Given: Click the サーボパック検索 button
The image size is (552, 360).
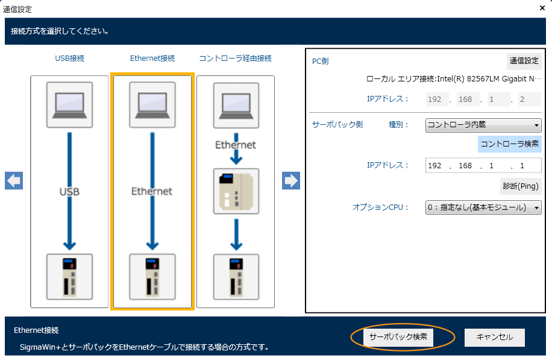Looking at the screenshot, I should click(398, 337).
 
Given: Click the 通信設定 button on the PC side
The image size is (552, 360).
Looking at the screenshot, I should click(524, 60).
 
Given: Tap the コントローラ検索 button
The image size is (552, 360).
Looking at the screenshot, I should click(510, 144).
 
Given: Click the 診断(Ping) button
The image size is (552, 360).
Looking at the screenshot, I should click(520, 186).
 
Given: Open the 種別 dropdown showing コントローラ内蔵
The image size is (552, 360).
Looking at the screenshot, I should click(483, 125).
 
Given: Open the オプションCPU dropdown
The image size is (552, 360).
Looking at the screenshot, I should click(483, 207).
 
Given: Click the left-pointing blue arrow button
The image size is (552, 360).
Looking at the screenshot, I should click(14, 180).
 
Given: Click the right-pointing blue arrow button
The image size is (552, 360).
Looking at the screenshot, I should click(291, 180).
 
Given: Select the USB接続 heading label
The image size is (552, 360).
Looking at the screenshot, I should click(69, 58).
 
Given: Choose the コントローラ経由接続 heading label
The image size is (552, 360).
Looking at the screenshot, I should click(236, 58).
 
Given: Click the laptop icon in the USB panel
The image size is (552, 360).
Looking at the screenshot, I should click(69, 105).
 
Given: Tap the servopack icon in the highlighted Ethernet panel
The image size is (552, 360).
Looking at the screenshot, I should click(152, 276).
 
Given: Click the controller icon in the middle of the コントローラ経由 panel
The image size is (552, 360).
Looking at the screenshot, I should click(236, 191).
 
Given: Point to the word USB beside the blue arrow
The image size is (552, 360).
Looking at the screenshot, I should click(69, 192).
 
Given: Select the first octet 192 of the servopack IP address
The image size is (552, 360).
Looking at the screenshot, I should click(435, 165).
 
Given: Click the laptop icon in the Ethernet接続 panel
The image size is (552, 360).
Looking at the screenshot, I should click(152, 105).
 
